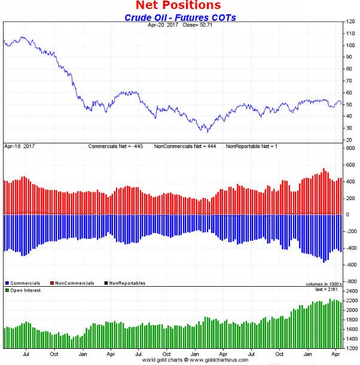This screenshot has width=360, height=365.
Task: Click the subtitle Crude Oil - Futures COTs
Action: (180, 17)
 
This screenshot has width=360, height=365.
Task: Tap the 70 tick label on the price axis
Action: (350, 81)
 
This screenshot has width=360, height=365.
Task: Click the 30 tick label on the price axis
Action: (350, 128)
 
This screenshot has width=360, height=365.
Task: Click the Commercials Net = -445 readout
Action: (117, 146)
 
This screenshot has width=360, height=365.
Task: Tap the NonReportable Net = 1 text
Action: (251, 146)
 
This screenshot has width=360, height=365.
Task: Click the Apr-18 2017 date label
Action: (20, 146)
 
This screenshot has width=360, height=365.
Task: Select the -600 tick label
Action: (351, 265)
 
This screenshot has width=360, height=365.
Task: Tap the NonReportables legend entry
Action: (124, 283)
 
